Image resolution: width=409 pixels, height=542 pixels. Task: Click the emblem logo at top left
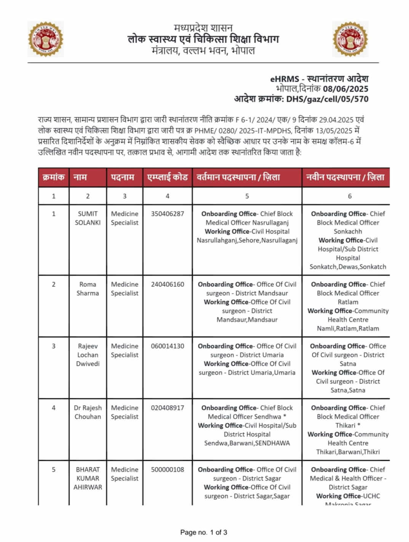(46, 39)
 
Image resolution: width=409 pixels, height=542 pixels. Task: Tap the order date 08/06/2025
(345, 89)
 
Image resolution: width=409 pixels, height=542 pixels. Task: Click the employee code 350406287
(167, 214)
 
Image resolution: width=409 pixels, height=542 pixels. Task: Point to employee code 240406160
(167, 284)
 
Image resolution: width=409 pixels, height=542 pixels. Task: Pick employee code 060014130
(167, 346)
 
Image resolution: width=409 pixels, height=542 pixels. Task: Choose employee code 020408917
(167, 408)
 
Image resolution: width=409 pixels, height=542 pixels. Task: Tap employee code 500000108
(167, 470)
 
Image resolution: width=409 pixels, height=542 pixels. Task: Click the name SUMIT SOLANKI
(88, 218)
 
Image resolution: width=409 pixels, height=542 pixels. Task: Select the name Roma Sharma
(88, 289)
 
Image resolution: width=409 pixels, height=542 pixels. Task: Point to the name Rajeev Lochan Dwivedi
(88, 355)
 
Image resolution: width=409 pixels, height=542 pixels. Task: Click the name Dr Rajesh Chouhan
(88, 412)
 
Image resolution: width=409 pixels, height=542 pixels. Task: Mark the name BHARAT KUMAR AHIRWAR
(88, 478)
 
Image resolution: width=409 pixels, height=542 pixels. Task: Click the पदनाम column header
(125, 177)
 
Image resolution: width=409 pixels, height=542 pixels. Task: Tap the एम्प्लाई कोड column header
(167, 177)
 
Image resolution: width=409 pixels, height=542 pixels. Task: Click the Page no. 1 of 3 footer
(204, 532)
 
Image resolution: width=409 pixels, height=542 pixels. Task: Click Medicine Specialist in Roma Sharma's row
(125, 289)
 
